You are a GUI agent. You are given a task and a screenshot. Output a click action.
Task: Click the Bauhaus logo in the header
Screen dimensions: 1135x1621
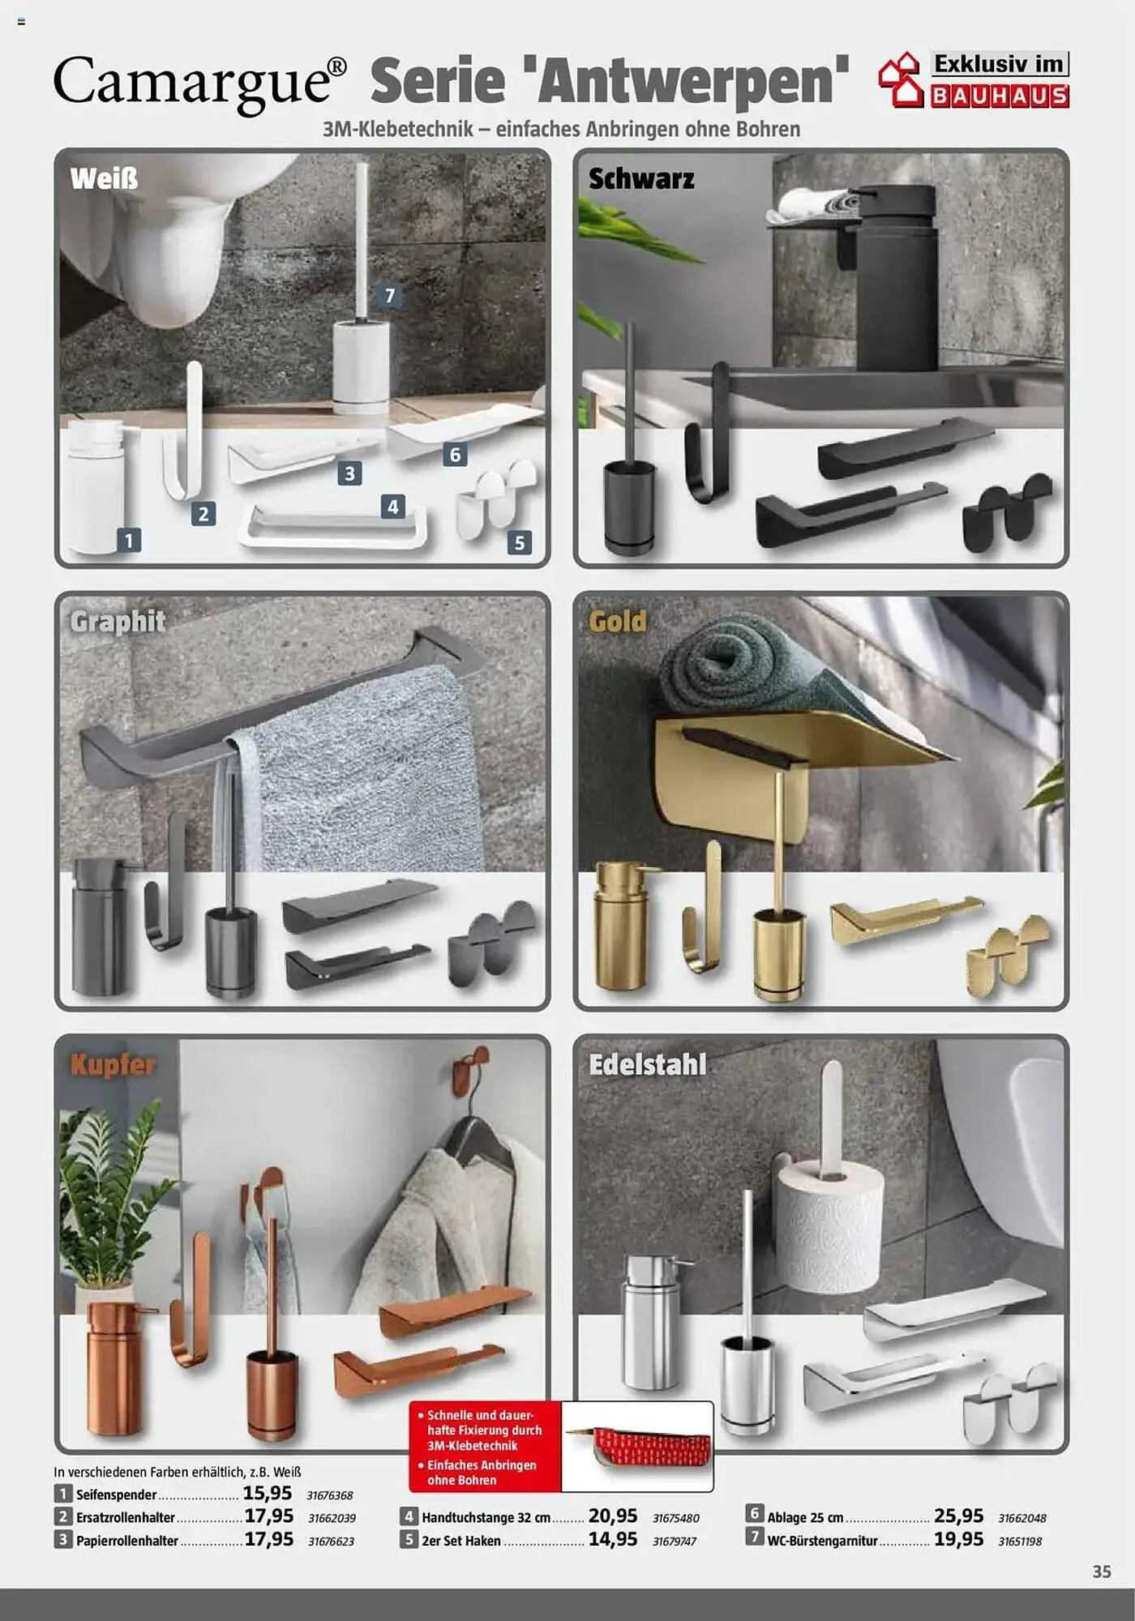(x=974, y=79)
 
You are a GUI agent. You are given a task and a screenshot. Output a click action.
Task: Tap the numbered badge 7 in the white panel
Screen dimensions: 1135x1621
(x=390, y=296)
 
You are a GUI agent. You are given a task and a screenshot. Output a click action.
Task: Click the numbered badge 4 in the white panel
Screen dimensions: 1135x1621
(x=393, y=507)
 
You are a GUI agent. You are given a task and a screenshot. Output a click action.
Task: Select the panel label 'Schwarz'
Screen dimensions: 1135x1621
(x=641, y=178)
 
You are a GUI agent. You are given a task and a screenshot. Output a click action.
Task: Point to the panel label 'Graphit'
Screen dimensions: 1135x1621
(x=118, y=622)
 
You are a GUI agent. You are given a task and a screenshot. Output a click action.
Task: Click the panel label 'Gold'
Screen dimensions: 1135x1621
(x=618, y=622)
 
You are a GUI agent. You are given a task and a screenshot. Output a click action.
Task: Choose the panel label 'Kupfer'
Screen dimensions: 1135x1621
(x=112, y=1064)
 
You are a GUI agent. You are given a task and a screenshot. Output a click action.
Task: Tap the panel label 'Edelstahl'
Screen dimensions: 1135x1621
(x=648, y=1064)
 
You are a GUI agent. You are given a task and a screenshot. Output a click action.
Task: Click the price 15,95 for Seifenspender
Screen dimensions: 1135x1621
(x=268, y=1493)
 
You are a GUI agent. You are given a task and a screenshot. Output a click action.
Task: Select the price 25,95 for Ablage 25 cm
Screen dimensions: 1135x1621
(x=958, y=1516)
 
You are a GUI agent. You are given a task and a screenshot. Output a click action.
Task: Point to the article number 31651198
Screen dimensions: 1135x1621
(x=1020, y=1541)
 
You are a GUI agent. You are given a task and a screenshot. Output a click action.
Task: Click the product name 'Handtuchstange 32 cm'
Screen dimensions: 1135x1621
(x=486, y=1517)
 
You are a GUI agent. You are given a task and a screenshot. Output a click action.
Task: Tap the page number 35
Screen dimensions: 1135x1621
(x=1102, y=1572)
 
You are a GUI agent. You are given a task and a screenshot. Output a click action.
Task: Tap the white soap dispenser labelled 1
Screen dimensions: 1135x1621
(x=96, y=486)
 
